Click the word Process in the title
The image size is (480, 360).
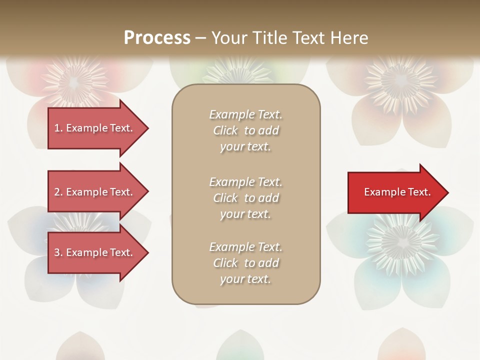(x=157, y=37)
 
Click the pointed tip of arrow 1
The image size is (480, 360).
(x=147, y=128)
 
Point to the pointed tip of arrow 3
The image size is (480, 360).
(x=147, y=252)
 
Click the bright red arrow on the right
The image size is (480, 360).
(x=395, y=192)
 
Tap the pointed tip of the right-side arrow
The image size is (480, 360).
(x=447, y=192)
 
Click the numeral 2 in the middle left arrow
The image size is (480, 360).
(x=57, y=192)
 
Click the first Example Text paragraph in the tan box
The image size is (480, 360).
(x=245, y=130)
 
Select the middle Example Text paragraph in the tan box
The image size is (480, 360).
(x=245, y=198)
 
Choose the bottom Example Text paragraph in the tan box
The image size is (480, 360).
(x=245, y=263)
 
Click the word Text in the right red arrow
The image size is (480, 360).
(x=419, y=192)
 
